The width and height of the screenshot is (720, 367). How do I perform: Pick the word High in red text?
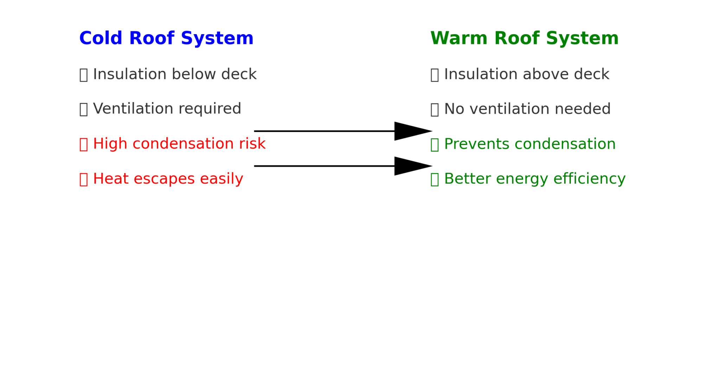click(x=110, y=144)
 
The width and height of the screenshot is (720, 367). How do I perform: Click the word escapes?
click(x=164, y=179)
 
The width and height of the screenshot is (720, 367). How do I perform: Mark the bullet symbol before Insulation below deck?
click(x=83, y=75)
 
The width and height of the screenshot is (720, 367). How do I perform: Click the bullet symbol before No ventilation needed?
click(x=435, y=109)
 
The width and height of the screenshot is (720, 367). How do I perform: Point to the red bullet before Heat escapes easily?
click(x=83, y=179)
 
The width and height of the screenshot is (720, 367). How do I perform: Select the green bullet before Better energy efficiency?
click(x=435, y=179)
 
